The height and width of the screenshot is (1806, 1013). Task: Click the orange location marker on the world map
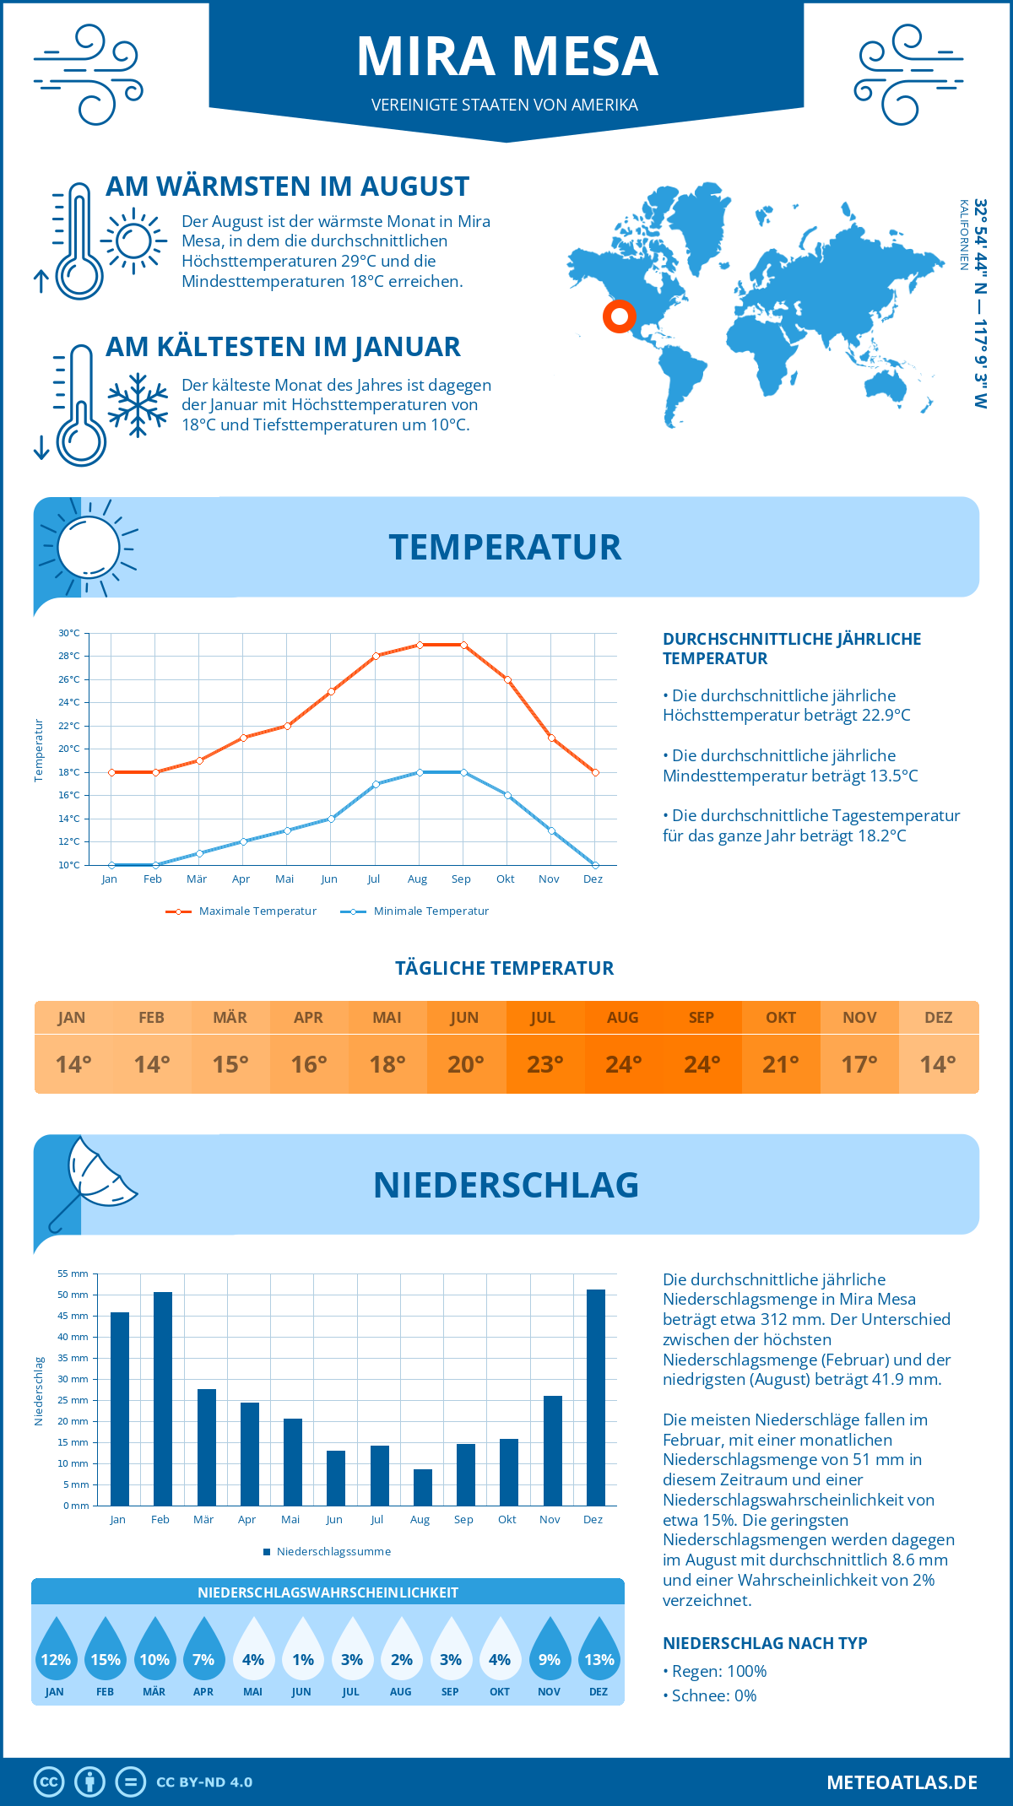point(619,316)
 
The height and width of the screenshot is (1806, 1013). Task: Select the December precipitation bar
point(595,1398)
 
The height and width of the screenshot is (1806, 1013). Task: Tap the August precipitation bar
point(422,1487)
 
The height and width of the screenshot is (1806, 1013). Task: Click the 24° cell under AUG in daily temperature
point(623,1064)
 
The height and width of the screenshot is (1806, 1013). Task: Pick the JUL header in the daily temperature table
point(544,1017)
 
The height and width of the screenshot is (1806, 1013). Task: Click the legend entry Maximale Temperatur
point(241,911)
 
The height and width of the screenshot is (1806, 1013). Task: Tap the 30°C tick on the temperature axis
point(69,633)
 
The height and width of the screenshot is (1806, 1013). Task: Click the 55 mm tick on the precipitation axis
point(73,1273)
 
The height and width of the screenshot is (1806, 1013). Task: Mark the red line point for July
point(376,656)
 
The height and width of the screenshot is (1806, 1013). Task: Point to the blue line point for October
point(507,795)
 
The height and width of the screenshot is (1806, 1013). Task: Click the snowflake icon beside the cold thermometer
point(138,405)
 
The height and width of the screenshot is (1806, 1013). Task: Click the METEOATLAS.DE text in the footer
point(902,1782)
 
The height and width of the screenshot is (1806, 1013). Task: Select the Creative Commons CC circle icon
point(49,1782)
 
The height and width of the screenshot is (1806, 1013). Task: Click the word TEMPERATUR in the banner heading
point(505,547)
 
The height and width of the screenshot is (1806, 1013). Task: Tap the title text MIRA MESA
point(506,57)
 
